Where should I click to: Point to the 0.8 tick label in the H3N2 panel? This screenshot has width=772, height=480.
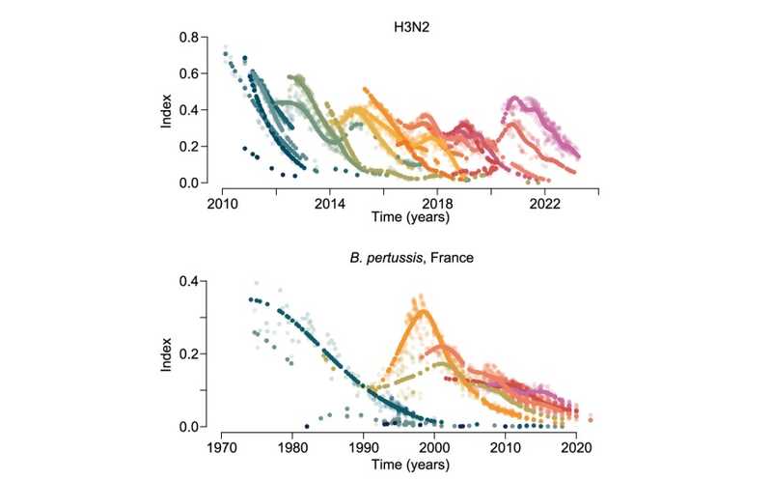tap(189, 38)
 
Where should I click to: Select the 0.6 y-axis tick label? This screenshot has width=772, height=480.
tap(189, 74)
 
